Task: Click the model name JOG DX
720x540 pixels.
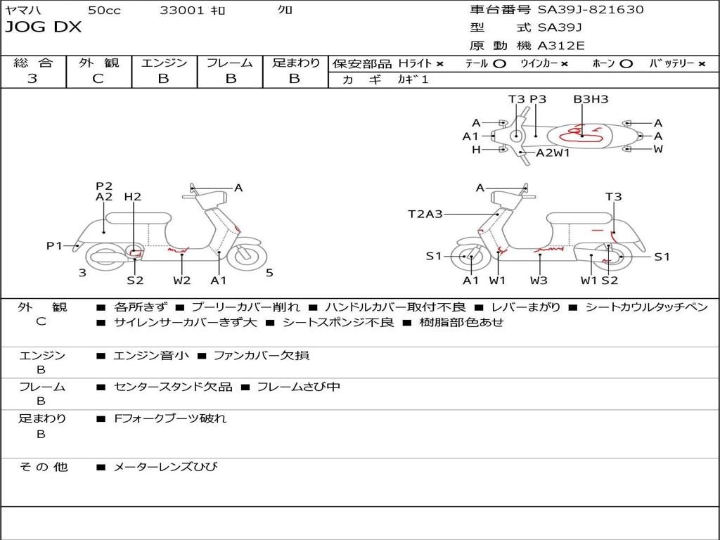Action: pos(44,27)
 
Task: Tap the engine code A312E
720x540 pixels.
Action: pos(560,46)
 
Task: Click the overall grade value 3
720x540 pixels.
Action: pos(32,79)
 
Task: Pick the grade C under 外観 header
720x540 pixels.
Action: pos(98,79)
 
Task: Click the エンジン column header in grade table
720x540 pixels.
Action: pos(164,63)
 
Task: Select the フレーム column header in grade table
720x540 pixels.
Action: pos(230,63)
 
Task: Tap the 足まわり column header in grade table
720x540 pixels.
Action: pos(295,63)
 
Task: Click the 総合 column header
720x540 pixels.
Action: pos(32,63)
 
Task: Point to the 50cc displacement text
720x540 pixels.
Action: pos(104,11)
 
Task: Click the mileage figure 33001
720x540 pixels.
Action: pos(182,11)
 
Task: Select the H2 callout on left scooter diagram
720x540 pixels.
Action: pos(133,197)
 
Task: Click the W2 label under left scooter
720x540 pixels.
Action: pos(182,280)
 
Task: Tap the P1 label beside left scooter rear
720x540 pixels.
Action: pos(55,245)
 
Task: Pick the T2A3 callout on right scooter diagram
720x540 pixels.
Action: pos(425,214)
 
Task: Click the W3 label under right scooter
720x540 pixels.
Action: pos(539,280)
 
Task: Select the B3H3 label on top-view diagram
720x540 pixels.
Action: pos(591,99)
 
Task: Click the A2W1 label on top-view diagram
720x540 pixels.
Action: pos(553,153)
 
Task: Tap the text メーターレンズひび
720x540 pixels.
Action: pos(165,467)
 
